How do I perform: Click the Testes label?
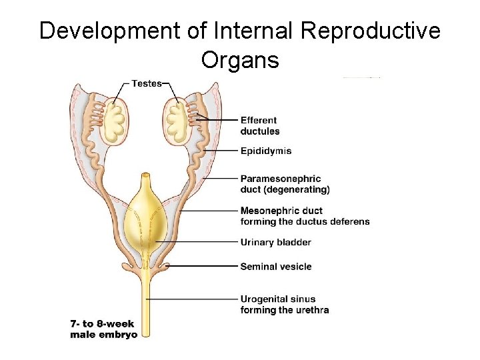click(x=147, y=83)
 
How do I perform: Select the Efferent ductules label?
click(x=260, y=125)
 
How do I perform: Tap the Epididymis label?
click(x=265, y=151)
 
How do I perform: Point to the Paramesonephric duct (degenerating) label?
click(x=285, y=184)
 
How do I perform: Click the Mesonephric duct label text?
click(x=305, y=216)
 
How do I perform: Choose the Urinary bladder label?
click(x=275, y=242)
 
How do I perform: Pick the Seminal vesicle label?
click(x=275, y=267)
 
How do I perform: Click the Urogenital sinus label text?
click(x=285, y=305)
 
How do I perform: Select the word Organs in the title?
click(x=240, y=60)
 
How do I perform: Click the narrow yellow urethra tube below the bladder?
click(x=147, y=300)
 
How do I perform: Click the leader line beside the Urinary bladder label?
click(x=200, y=241)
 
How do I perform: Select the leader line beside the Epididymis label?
click(x=220, y=151)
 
